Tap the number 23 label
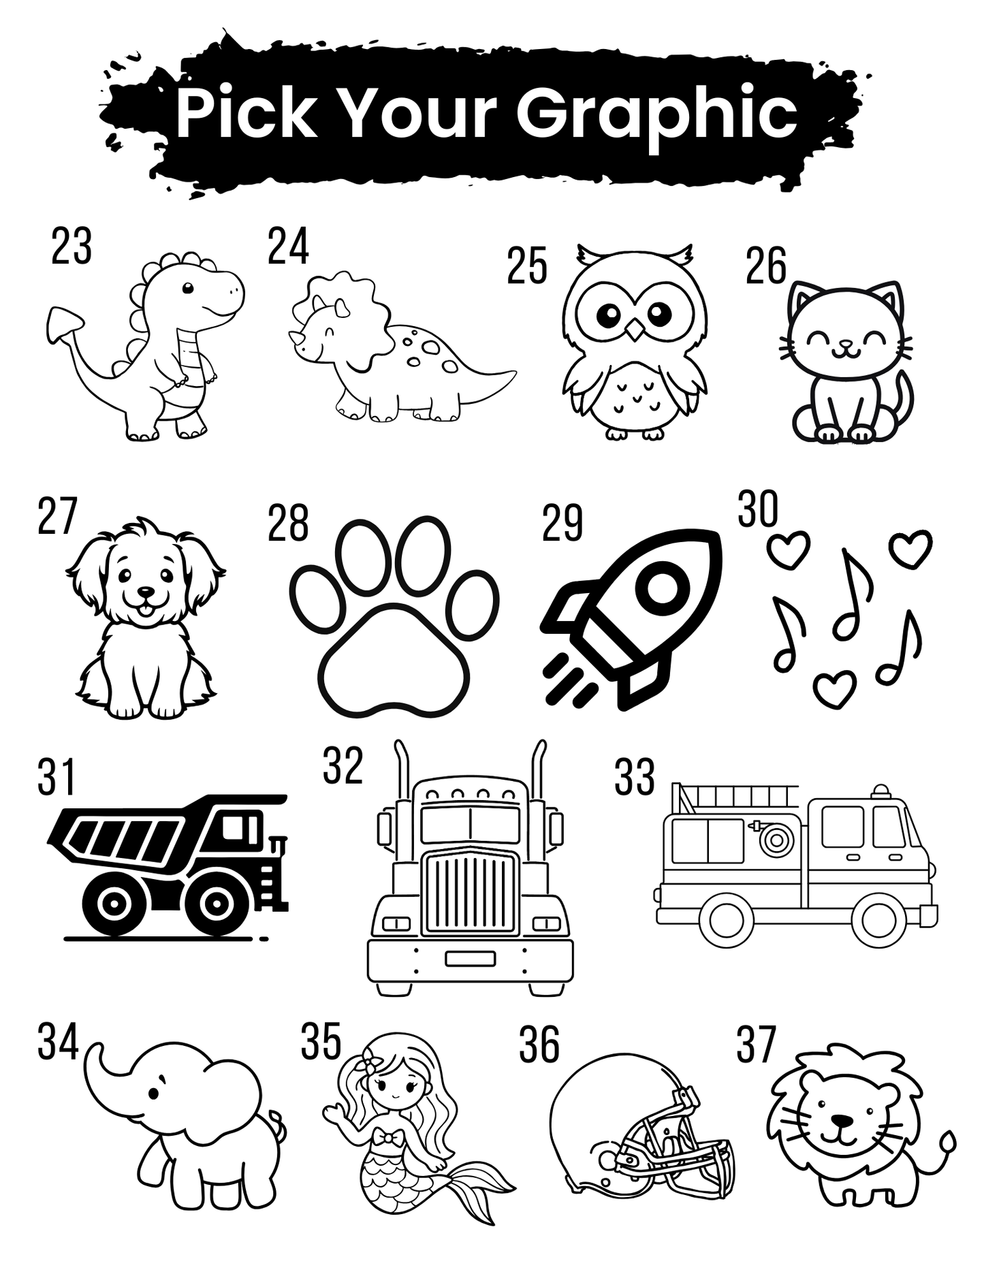(72, 247)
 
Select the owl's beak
(635, 330)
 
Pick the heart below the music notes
(835, 688)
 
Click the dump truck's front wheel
(216, 903)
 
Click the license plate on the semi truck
(470, 958)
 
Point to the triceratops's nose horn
(295, 338)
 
